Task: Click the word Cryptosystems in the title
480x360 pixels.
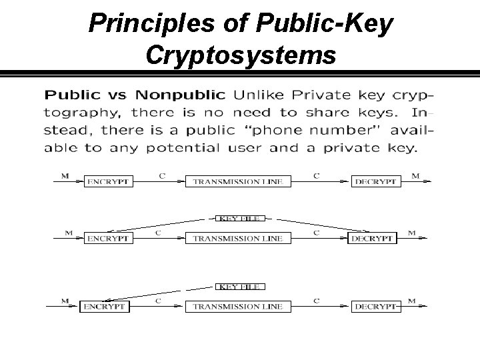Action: (x=240, y=55)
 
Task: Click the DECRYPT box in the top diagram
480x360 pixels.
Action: (x=376, y=181)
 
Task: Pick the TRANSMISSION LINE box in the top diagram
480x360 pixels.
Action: (x=237, y=181)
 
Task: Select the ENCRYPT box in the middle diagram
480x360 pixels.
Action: (x=107, y=238)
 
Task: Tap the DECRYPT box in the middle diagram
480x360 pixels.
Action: (x=372, y=238)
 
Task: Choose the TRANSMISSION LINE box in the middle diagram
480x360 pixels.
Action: (x=237, y=238)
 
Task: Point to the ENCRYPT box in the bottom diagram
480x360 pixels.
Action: (x=104, y=307)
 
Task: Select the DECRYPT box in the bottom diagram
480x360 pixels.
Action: (x=376, y=307)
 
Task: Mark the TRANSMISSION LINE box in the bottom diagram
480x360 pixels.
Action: (x=237, y=307)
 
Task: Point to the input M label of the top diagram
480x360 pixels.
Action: (x=65, y=175)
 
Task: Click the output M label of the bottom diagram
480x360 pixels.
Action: (x=412, y=301)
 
